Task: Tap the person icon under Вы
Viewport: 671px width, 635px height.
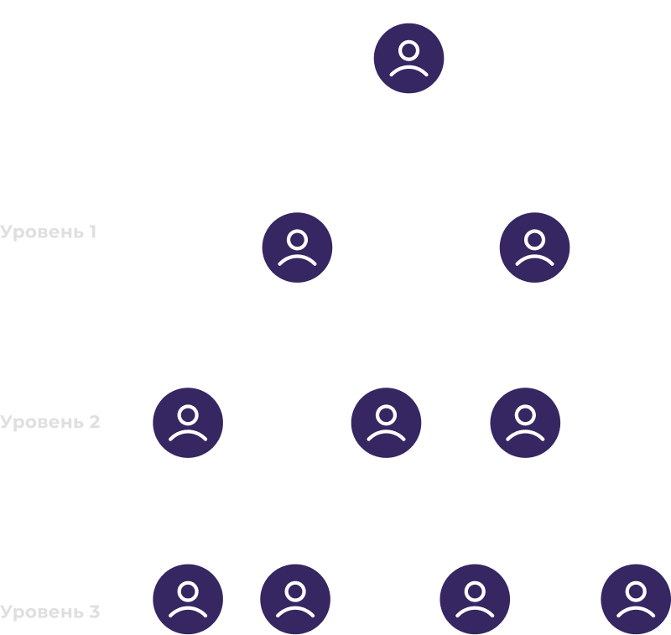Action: click(408, 58)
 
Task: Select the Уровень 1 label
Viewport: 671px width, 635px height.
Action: click(49, 232)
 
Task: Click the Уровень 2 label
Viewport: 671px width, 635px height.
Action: click(50, 421)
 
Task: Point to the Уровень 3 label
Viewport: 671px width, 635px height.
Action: click(50, 612)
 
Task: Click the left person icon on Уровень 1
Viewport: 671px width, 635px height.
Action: click(297, 247)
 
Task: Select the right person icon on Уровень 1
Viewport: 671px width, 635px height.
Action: click(534, 247)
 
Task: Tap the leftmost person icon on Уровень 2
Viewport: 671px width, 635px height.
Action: click(188, 423)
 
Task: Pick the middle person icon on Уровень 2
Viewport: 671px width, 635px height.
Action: click(386, 423)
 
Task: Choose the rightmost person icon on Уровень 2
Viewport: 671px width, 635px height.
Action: click(525, 423)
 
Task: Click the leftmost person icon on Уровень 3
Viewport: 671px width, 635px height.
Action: click(188, 599)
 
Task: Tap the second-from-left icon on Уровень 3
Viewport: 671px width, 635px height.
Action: click(295, 599)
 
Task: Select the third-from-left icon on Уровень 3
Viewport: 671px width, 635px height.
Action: click(475, 599)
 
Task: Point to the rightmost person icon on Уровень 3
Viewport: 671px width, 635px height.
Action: click(636, 599)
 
